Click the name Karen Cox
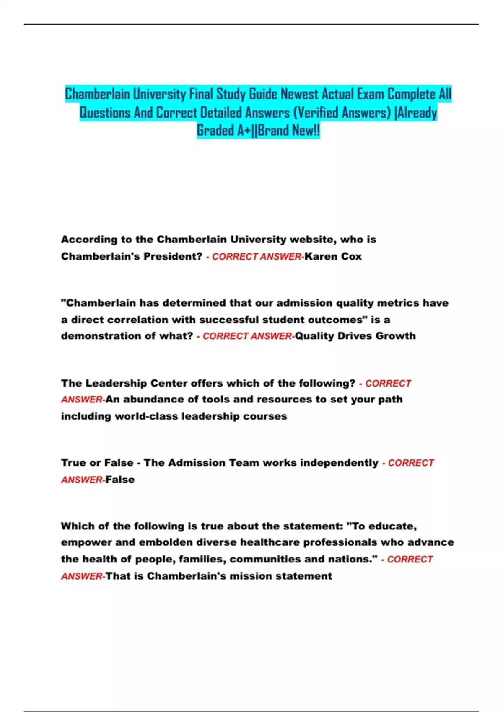[333, 256]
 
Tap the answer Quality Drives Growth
[355, 336]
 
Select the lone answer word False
[120, 480]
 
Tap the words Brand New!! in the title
[289, 131]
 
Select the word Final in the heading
[201, 94]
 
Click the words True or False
[97, 463]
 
